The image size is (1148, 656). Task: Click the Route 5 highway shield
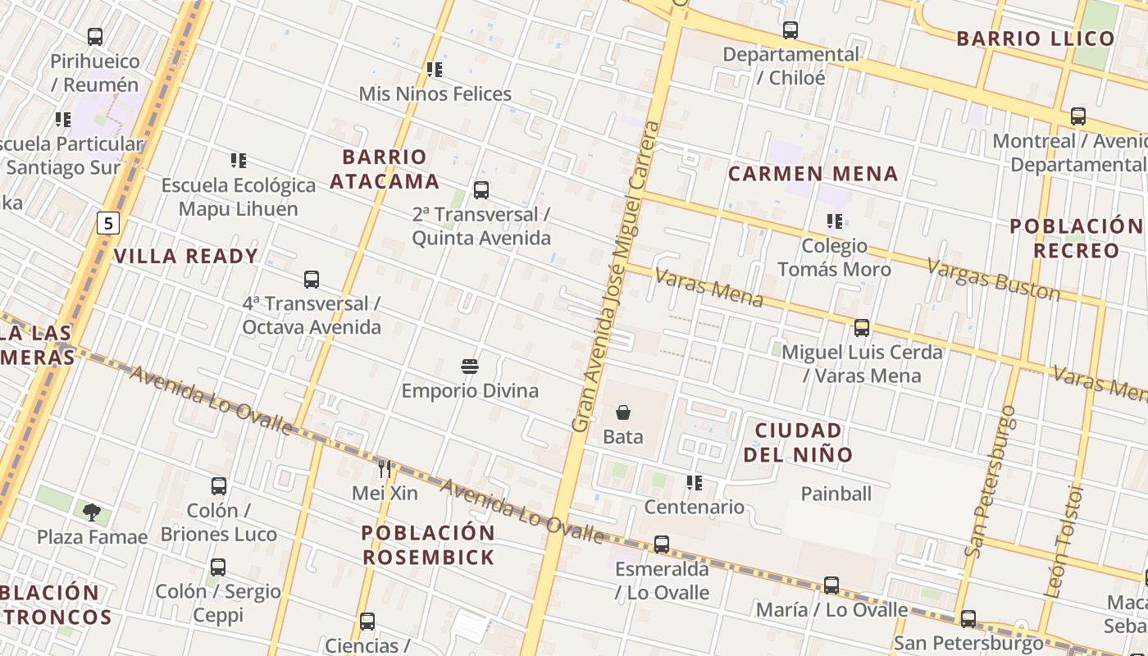pyautogui.click(x=108, y=222)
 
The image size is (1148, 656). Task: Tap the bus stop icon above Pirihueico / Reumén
pyautogui.click(x=95, y=37)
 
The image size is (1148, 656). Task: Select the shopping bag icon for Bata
pyautogui.click(x=623, y=412)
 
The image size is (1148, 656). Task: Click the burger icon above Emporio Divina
pyautogui.click(x=470, y=367)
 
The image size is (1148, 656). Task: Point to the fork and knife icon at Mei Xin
pyautogui.click(x=385, y=468)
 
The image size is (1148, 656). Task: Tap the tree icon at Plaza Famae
pyautogui.click(x=92, y=512)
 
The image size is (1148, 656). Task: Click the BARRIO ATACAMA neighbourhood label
pyautogui.click(x=385, y=169)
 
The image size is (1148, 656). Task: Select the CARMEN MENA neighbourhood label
pyautogui.click(x=813, y=174)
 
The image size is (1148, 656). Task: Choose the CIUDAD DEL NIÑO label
pyautogui.click(x=799, y=442)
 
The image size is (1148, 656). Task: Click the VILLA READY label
pyautogui.click(x=186, y=256)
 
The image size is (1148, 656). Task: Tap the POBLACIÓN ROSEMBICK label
pyautogui.click(x=428, y=545)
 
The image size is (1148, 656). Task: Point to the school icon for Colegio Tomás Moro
pyautogui.click(x=835, y=221)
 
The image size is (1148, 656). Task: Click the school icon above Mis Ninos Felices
pyautogui.click(x=435, y=70)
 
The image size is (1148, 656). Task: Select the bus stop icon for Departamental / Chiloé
pyautogui.click(x=790, y=30)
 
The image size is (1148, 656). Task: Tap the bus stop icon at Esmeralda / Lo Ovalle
pyautogui.click(x=662, y=544)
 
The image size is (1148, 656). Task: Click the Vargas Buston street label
pyautogui.click(x=993, y=279)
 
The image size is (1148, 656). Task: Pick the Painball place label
pyautogui.click(x=836, y=494)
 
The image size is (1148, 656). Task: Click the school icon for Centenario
pyautogui.click(x=695, y=483)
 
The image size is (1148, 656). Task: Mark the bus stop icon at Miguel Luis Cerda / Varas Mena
pyautogui.click(x=862, y=328)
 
